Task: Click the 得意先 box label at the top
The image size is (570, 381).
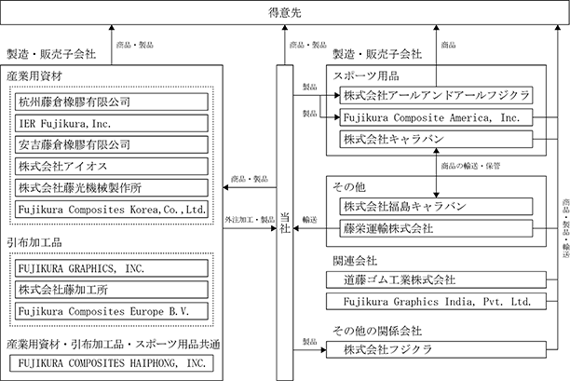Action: pyautogui.click(x=285, y=13)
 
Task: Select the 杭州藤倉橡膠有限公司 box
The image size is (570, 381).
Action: pyautogui.click(x=112, y=102)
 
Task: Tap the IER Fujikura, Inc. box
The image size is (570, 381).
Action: pyautogui.click(x=112, y=123)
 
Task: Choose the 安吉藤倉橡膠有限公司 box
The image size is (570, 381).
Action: pyautogui.click(x=112, y=144)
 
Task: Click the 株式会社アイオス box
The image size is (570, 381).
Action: pyautogui.click(x=112, y=166)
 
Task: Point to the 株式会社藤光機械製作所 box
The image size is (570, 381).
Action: pyautogui.click(x=112, y=187)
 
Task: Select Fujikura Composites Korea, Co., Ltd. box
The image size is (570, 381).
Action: pyautogui.click(x=112, y=209)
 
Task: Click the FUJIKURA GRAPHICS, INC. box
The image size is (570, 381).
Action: pyautogui.click(x=112, y=268)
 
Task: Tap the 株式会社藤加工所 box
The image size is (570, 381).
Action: pyautogui.click(x=112, y=290)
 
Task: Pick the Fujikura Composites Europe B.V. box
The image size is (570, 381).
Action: pyautogui.click(x=112, y=311)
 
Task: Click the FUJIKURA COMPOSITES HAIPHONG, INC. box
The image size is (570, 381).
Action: pyautogui.click(x=112, y=362)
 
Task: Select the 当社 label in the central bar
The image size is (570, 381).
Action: pyautogui.click(x=285, y=223)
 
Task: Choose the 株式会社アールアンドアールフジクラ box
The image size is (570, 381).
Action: pyautogui.click(x=436, y=95)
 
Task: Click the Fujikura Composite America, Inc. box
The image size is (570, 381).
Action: pyautogui.click(x=436, y=117)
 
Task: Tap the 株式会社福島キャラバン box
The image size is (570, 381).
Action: pyautogui.click(x=436, y=207)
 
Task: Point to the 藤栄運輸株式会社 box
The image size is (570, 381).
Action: pyautogui.click(x=436, y=228)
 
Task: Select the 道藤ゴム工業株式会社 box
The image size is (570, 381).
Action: pyautogui.click(x=436, y=279)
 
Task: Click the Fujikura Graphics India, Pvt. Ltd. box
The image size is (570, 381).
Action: pyautogui.click(x=436, y=302)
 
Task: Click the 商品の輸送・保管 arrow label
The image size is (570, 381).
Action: pyautogui.click(x=470, y=166)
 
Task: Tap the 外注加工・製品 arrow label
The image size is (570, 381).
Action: pyautogui.click(x=250, y=220)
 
